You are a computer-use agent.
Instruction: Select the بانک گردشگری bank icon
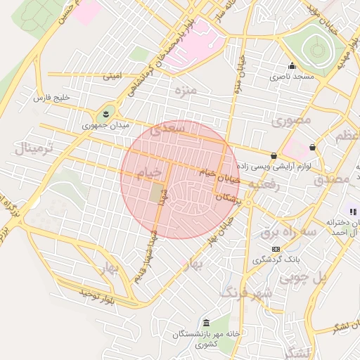point(275,249)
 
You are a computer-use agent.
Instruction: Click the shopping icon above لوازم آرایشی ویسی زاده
point(274,155)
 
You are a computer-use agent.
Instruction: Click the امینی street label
point(112,74)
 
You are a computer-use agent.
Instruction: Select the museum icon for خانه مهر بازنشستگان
point(205,323)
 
